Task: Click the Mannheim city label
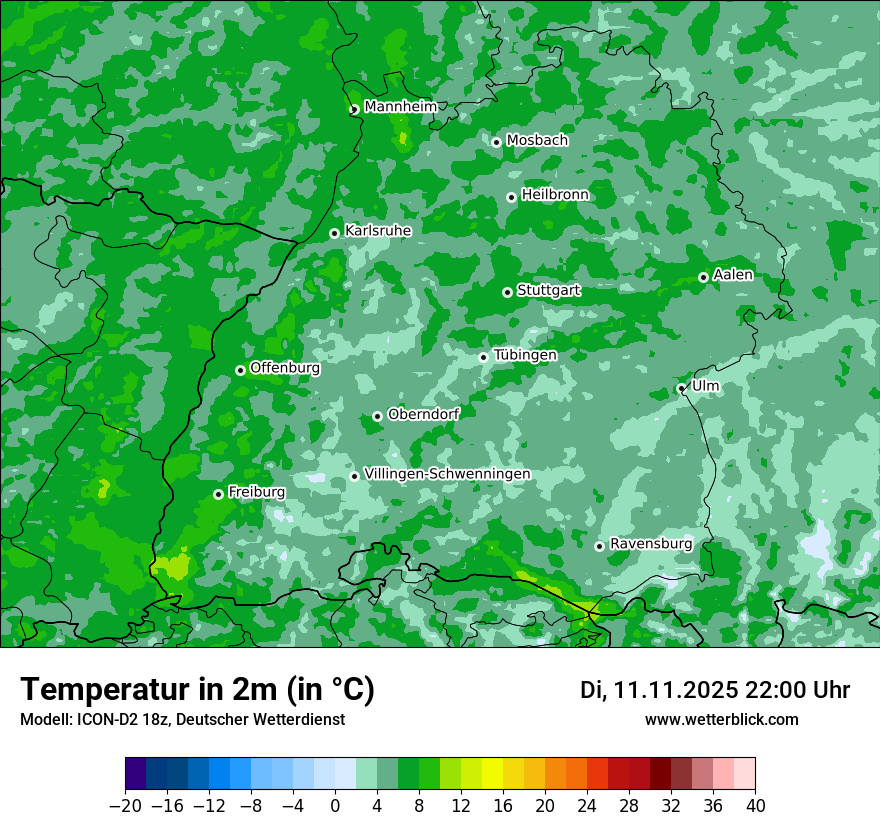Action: click(400, 106)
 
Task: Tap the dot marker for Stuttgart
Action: click(508, 292)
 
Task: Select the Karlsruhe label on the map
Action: click(378, 230)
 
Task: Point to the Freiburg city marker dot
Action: click(218, 494)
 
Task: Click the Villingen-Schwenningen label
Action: click(447, 473)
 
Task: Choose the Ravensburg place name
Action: click(651, 543)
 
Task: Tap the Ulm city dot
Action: click(682, 388)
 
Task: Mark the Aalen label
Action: click(733, 274)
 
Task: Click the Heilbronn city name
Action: click(555, 194)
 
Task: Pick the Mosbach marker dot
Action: click(496, 142)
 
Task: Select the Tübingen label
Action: click(525, 355)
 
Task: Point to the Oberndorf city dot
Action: click(377, 416)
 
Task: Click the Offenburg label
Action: click(285, 367)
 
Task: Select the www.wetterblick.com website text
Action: click(721, 719)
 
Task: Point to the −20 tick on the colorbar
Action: click(125, 806)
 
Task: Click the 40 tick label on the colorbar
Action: click(755, 806)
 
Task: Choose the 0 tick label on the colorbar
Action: click(335, 806)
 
